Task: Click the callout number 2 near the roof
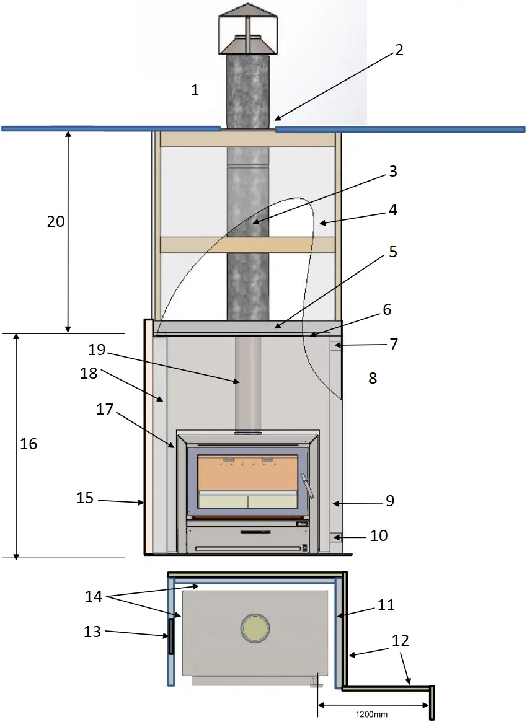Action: [x=399, y=50]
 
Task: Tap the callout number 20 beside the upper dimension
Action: [x=56, y=221]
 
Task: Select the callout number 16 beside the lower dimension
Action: [x=29, y=444]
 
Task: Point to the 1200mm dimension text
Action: [x=371, y=714]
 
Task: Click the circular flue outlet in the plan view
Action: [x=255, y=628]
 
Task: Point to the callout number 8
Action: [x=373, y=378]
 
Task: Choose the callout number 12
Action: [x=401, y=640]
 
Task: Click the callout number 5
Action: [x=392, y=252]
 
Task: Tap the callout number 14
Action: [x=94, y=597]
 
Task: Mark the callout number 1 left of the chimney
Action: [x=195, y=90]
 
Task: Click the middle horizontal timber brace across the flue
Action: [x=248, y=245]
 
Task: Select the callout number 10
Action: [x=379, y=535]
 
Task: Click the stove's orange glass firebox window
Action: [x=247, y=472]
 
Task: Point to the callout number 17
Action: [x=104, y=410]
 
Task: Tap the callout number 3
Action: [x=392, y=171]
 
